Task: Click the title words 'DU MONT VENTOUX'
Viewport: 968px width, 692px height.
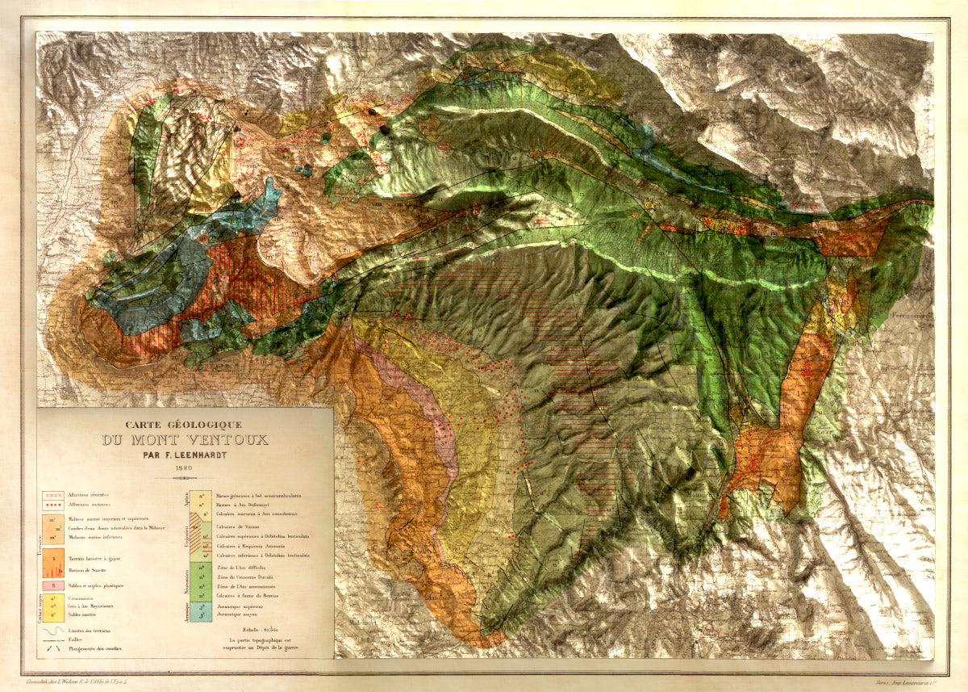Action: click(x=185, y=441)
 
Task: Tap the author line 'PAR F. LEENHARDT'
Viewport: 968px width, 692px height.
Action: click(x=185, y=454)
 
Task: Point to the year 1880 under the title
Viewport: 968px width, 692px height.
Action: click(x=185, y=468)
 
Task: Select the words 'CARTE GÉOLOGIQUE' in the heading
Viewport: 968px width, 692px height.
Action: click(x=185, y=425)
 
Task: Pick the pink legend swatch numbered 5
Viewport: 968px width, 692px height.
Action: click(x=53, y=584)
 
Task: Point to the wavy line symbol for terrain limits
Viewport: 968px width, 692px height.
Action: click(x=53, y=631)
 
